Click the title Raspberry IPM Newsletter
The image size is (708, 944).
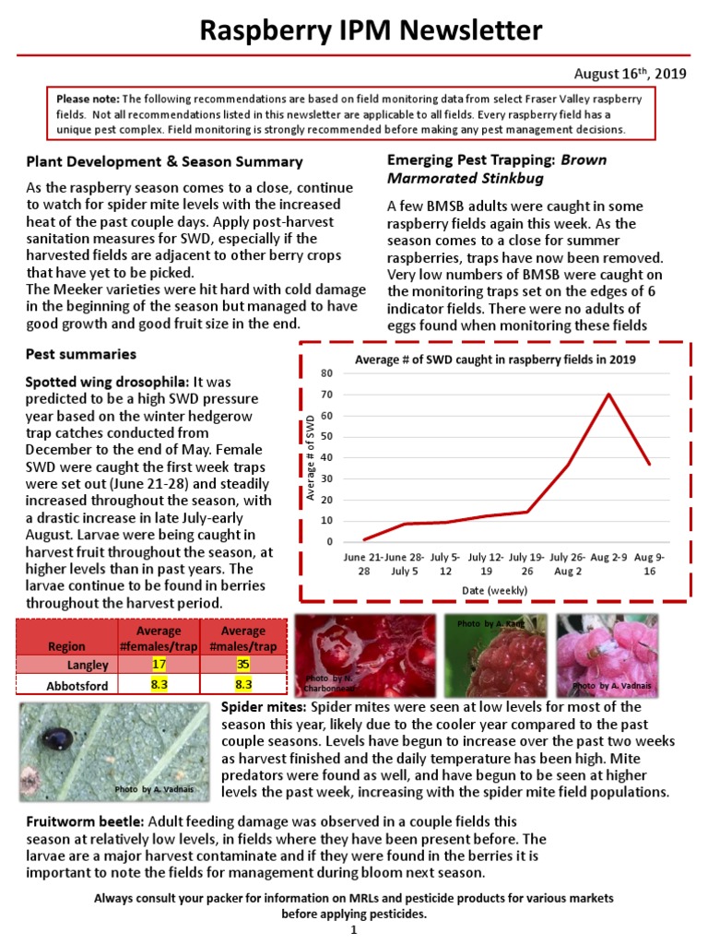(x=372, y=32)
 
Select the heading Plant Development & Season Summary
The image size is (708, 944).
(x=164, y=161)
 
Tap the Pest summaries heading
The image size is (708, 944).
(x=81, y=354)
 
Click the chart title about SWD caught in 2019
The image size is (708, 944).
(x=495, y=360)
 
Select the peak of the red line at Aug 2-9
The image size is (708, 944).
(x=608, y=395)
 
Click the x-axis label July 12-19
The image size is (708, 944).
(x=486, y=565)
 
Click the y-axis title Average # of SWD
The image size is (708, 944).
(x=310, y=458)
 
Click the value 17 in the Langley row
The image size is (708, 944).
(x=158, y=664)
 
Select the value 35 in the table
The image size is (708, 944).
(x=243, y=664)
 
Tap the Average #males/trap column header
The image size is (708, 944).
(x=243, y=638)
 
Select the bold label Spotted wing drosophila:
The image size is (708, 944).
(x=107, y=381)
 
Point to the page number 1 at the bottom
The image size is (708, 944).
(x=353, y=931)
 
